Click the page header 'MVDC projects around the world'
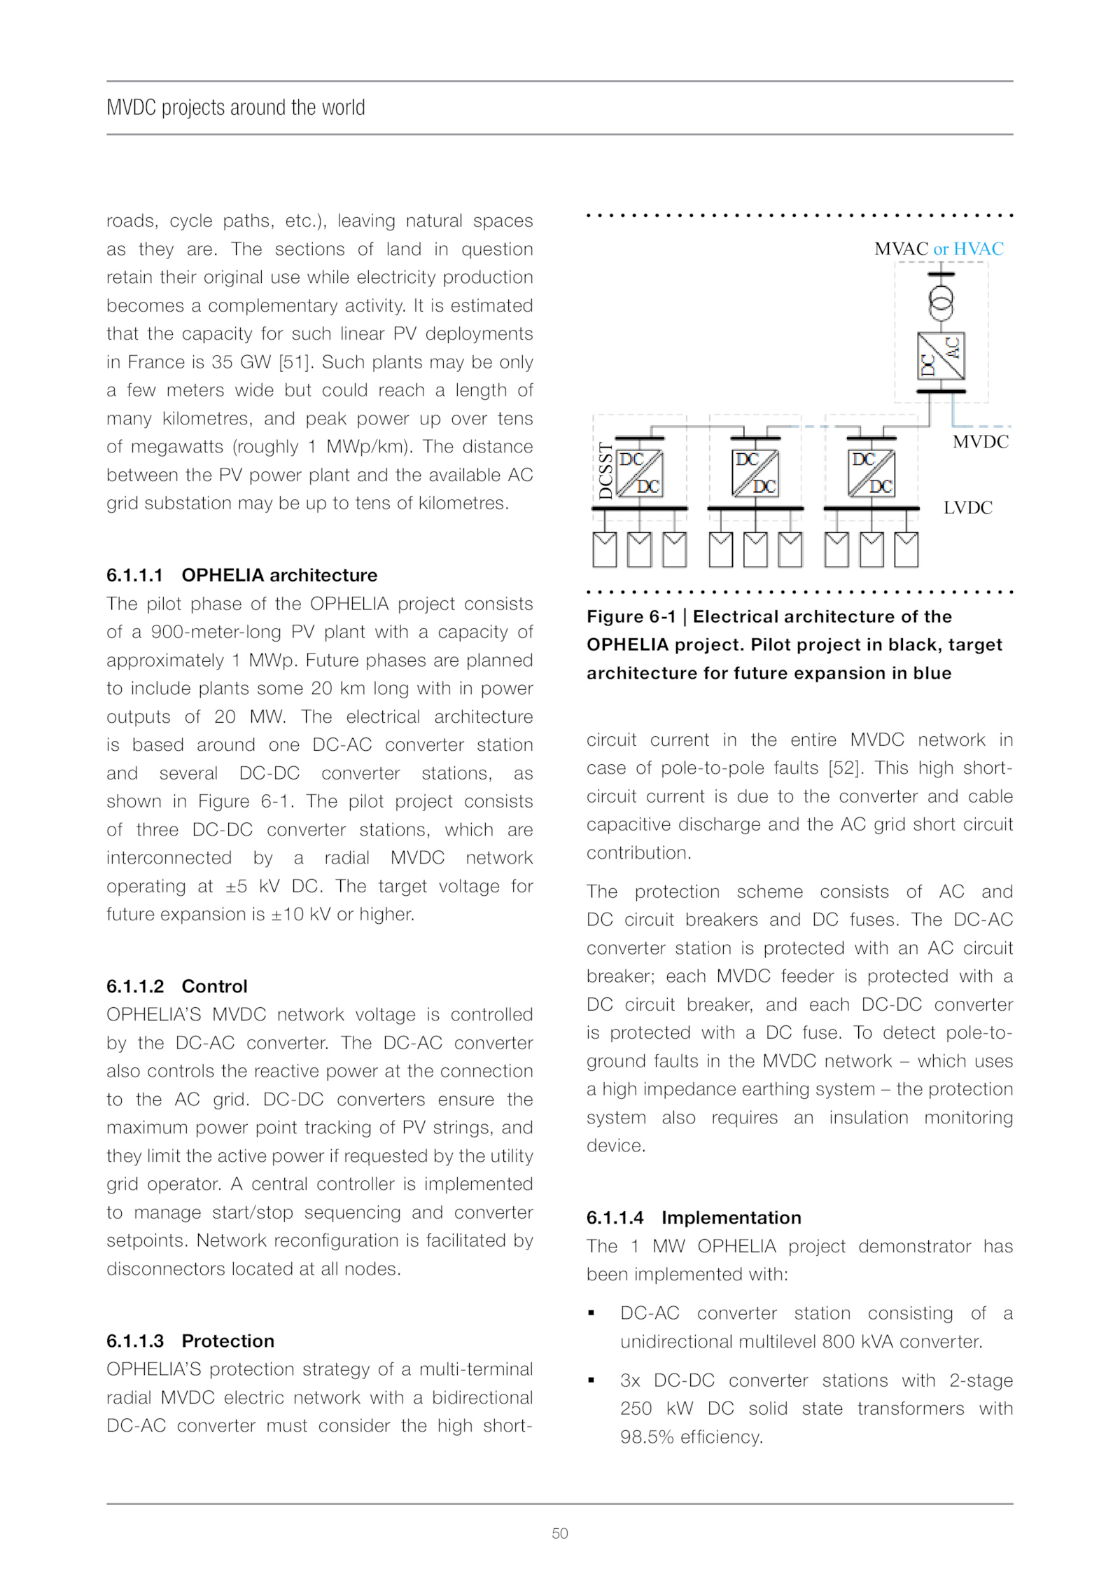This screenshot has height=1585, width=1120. click(235, 108)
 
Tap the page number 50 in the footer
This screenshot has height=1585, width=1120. click(559, 1533)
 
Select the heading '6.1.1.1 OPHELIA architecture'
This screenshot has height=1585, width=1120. click(241, 575)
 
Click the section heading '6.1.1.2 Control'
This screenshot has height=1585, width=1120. click(176, 986)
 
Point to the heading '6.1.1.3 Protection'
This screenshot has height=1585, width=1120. click(190, 1341)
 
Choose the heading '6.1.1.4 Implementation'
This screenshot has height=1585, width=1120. click(693, 1217)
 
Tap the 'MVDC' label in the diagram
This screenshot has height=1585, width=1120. click(980, 442)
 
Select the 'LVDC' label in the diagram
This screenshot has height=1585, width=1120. click(967, 508)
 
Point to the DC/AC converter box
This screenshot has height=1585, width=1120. click(941, 356)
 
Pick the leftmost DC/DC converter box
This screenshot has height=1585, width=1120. click(640, 473)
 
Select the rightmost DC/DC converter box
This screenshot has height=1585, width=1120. click(871, 473)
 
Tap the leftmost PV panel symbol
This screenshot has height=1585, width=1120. click(604, 549)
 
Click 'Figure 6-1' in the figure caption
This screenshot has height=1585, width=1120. click(631, 616)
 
